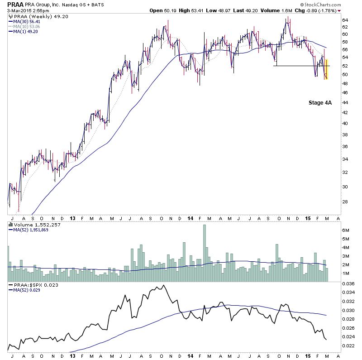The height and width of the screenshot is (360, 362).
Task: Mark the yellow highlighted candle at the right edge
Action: click(x=326, y=69)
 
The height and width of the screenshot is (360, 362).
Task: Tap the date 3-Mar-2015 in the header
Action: click(x=21, y=11)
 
